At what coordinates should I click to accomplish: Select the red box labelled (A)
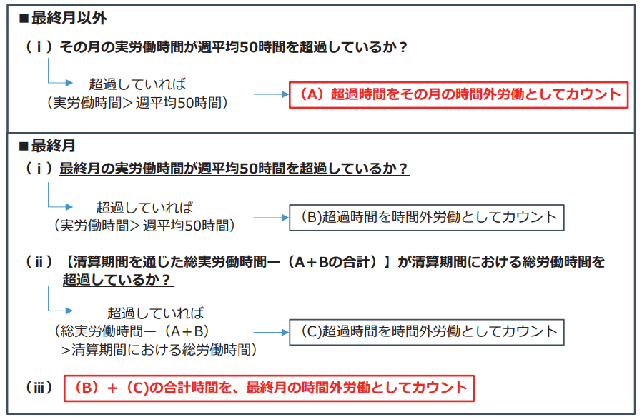[458, 94]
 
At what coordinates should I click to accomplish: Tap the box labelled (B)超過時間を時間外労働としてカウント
[427, 216]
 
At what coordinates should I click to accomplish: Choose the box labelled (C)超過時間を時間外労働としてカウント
[427, 331]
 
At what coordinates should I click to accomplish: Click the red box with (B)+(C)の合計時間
[269, 388]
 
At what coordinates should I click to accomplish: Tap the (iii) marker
[40, 388]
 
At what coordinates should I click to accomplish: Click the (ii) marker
[40, 262]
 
